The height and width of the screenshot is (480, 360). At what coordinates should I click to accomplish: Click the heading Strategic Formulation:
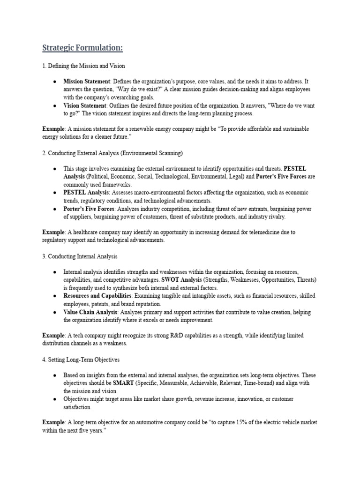83,48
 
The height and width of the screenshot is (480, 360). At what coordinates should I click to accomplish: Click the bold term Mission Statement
87,81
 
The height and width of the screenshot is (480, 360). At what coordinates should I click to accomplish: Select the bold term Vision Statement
85,105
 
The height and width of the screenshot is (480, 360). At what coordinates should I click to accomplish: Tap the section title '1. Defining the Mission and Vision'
83,66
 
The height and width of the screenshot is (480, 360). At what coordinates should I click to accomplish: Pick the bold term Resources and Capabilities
97,296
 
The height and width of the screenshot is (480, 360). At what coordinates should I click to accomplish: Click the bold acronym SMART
124,383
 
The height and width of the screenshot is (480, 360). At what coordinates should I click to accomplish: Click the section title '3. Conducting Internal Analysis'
80,256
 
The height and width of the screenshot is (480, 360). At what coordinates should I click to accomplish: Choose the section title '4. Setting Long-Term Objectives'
81,360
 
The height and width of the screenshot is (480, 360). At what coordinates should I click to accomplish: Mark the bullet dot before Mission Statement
55,82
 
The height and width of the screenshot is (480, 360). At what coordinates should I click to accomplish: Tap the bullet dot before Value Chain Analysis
55,313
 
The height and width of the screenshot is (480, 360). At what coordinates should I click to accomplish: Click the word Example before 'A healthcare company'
52,232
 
